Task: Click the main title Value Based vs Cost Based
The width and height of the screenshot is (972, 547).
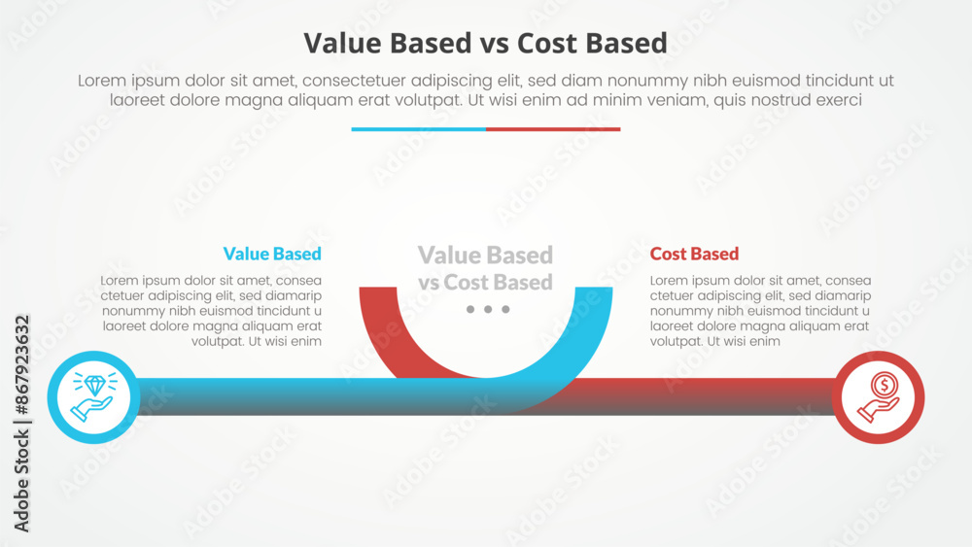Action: [x=485, y=44]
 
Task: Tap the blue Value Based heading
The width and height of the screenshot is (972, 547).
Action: [x=272, y=254]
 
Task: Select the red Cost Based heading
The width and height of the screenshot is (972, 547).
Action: [x=694, y=254]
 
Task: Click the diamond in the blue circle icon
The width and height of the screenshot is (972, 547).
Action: [x=95, y=386]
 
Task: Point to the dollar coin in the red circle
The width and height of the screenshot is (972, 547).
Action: [x=884, y=385]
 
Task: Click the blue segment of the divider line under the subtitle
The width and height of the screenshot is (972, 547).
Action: [x=418, y=129]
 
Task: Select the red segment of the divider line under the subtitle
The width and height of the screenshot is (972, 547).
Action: [x=553, y=129]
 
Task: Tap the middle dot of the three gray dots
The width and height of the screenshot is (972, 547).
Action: [x=488, y=309]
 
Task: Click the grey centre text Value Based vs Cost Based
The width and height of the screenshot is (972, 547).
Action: [x=485, y=268]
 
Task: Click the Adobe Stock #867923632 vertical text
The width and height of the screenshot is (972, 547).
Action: [x=21, y=424]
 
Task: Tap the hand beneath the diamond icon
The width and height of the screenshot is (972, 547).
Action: [x=91, y=408]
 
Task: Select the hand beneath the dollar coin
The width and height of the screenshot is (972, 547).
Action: [x=877, y=410]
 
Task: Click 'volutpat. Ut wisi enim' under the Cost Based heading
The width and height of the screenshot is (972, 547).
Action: [x=714, y=341]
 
